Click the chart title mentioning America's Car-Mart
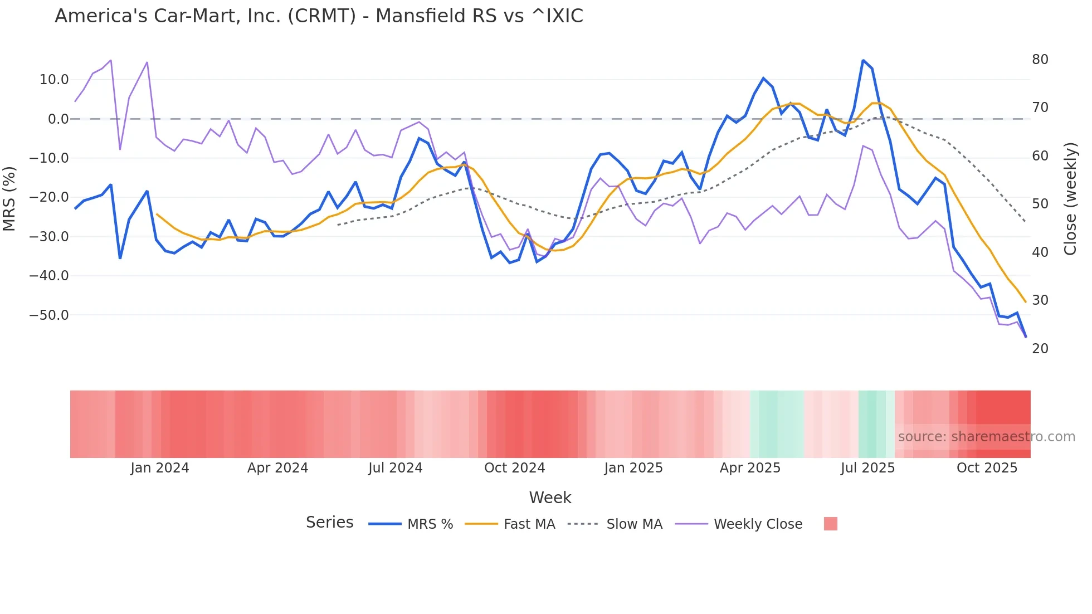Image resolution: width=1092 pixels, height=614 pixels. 319,16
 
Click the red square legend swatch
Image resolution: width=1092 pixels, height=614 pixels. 830,524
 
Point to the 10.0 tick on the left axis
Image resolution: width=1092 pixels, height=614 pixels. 54,80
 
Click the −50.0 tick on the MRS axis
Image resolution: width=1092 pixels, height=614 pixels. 49,315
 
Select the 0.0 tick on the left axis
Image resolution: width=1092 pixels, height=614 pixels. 58,119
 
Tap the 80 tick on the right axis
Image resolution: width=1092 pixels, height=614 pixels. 1040,60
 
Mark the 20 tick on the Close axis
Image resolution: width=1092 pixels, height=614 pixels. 1040,349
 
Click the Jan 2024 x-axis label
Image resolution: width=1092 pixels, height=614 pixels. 160,468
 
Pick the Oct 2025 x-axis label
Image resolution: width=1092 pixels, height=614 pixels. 987,468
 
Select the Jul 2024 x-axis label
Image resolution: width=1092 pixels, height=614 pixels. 395,468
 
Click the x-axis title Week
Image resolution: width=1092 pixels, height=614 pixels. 550,498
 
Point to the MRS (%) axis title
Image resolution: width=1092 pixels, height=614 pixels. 9,198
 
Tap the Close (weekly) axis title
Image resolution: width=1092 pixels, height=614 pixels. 1070,199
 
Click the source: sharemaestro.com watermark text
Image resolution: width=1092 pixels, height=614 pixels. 986,437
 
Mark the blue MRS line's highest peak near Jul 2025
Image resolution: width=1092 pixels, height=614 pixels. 863,60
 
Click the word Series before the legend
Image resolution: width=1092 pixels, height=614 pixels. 329,523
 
